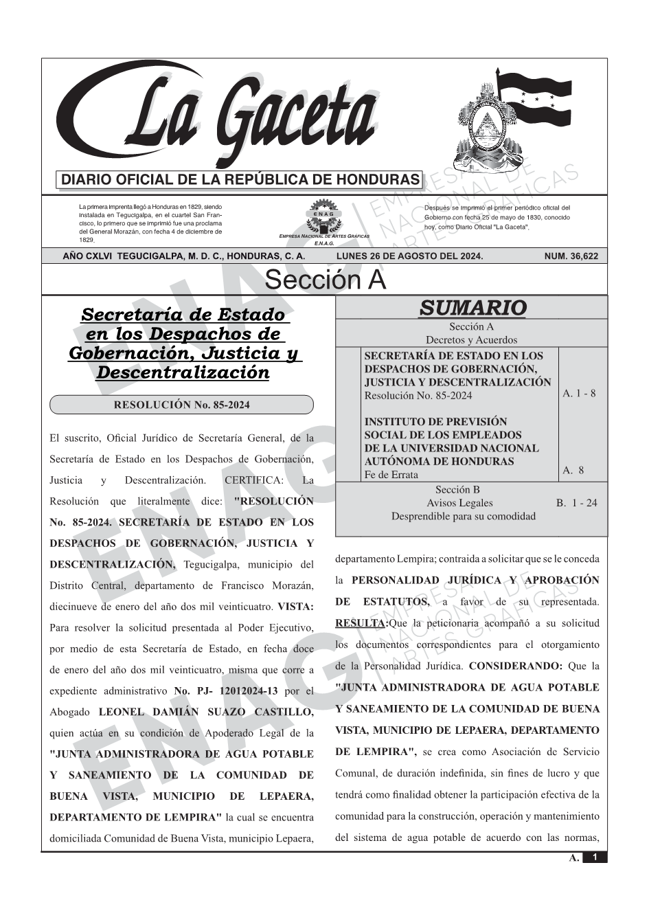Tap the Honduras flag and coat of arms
pyautogui.click(x=512, y=120)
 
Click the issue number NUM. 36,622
pyautogui.click(x=571, y=256)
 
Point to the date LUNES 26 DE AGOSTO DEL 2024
pyautogui.click(x=409, y=256)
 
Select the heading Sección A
pyautogui.click(x=325, y=280)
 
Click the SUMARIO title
pyautogui.click(x=472, y=308)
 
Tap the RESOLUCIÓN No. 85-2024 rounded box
pyautogui.click(x=181, y=405)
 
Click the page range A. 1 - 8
pyautogui.click(x=579, y=394)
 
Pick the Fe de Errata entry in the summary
pyautogui.click(x=391, y=475)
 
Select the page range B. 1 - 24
pyautogui.click(x=576, y=503)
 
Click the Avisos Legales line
pyautogui.click(x=459, y=503)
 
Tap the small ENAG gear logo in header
pyautogui.click(x=323, y=216)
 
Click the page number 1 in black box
pyautogui.click(x=595, y=857)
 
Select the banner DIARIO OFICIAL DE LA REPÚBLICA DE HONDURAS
pyautogui.click(x=240, y=180)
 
